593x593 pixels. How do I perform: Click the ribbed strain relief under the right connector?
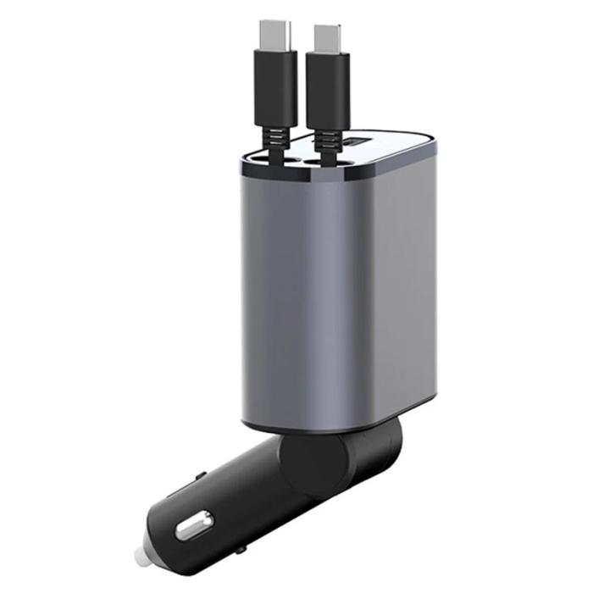point(326,140)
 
